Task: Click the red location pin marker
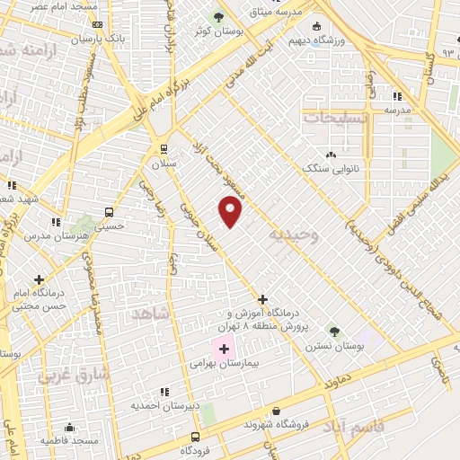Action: pyautogui.click(x=231, y=212)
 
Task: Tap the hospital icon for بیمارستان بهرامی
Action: pyautogui.click(x=223, y=349)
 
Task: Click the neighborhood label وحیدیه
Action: pyautogui.click(x=293, y=235)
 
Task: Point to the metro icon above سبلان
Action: pyautogui.click(x=163, y=149)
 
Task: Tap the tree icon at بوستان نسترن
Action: pyautogui.click(x=332, y=331)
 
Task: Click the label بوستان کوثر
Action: pyautogui.click(x=209, y=31)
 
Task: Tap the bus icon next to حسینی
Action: pyautogui.click(x=110, y=213)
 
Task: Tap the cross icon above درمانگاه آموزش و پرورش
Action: pyautogui.click(x=262, y=299)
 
